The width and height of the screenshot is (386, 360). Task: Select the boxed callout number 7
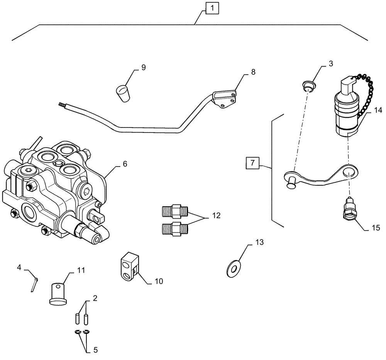point(252,163)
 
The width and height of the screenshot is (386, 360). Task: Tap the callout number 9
point(143,68)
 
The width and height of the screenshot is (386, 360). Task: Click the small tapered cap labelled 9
point(123,93)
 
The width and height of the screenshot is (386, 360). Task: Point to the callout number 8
point(253,72)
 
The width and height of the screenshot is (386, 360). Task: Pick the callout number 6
point(125,164)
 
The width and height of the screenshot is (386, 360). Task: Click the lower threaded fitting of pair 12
point(174,229)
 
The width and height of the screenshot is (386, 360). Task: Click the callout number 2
point(95,298)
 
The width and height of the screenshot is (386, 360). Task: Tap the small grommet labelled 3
point(308,86)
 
